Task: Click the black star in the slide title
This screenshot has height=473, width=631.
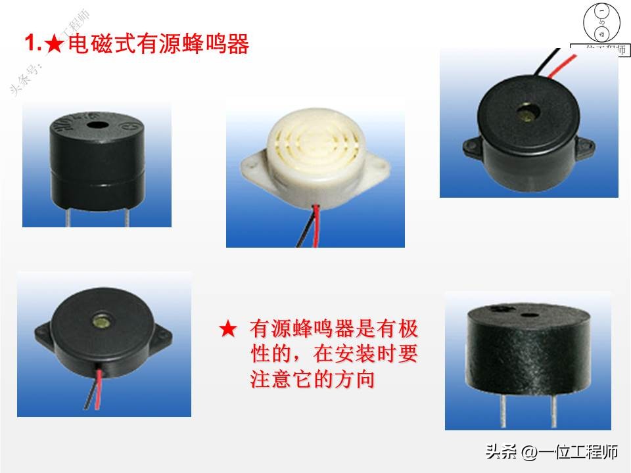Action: pyautogui.click(x=56, y=45)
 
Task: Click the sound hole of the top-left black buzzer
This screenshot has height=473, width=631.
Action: pyautogui.click(x=99, y=124)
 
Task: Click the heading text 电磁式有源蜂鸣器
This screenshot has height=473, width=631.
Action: pyautogui.click(x=158, y=45)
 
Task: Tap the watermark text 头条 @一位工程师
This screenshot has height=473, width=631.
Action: pyautogui.click(x=552, y=452)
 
